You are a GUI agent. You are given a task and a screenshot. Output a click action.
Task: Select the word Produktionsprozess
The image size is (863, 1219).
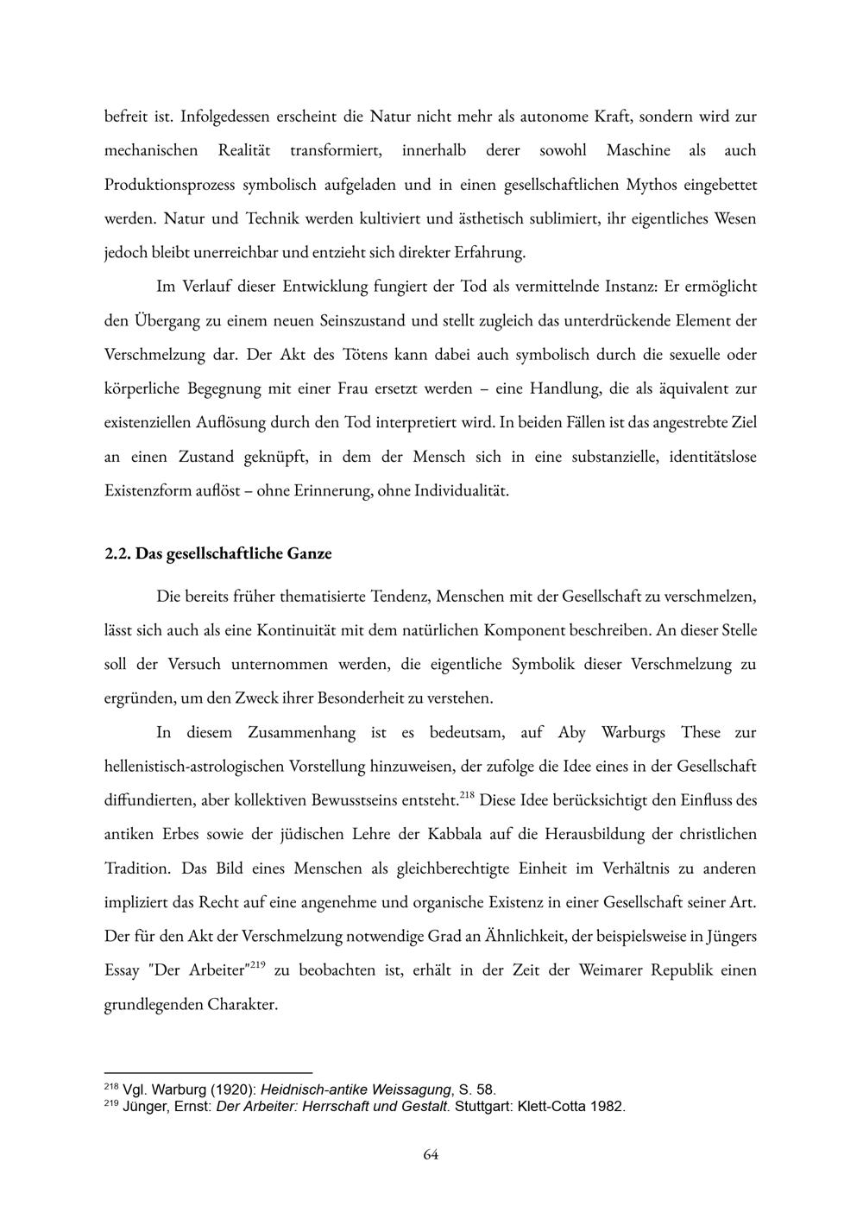tap(169, 184)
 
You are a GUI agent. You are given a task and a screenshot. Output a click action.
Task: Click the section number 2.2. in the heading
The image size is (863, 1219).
tap(117, 553)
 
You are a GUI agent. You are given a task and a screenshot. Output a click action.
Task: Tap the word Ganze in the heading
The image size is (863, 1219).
tap(309, 553)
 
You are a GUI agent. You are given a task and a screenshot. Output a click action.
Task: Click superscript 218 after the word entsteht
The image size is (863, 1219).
tap(468, 795)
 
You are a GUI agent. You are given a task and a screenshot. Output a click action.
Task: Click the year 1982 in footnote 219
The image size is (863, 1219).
tap(607, 1107)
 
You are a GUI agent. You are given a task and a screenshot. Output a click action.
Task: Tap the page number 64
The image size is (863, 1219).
tap(431, 1154)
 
